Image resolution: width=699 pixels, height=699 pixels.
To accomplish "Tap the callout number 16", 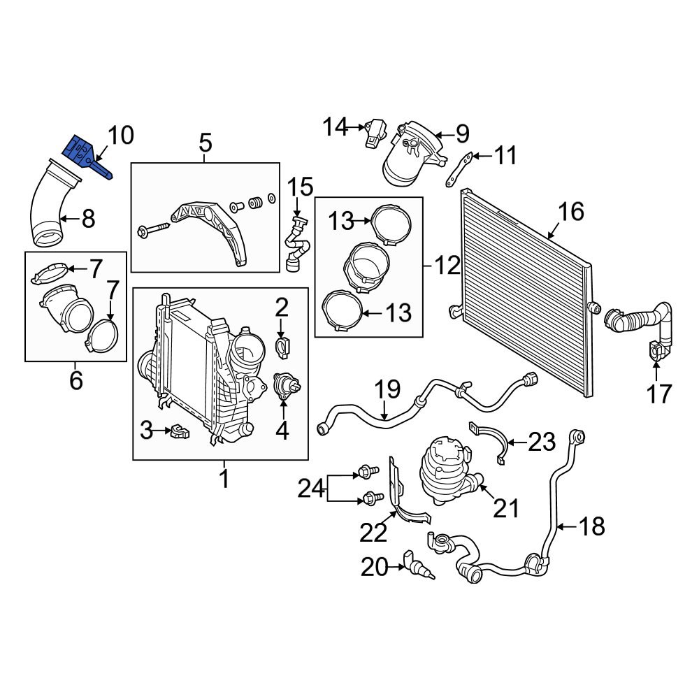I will tap(571, 211).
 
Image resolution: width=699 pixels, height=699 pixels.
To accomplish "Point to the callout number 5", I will tap(205, 143).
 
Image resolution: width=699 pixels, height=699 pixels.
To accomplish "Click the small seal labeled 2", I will tap(282, 345).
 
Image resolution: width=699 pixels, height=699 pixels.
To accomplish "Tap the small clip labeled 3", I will tap(179, 431).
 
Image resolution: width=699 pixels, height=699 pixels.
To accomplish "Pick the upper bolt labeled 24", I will tap(366, 474).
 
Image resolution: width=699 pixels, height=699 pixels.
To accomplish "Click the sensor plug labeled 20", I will tap(417, 565).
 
